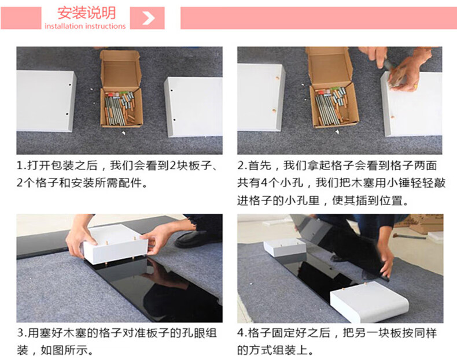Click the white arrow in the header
pyautogui.click(x=149, y=18)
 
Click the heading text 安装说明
pyautogui.click(x=87, y=13)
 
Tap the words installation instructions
pyautogui.click(x=85, y=26)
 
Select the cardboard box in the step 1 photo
pyautogui.click(x=121, y=89)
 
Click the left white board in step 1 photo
pyautogui.click(x=46, y=101)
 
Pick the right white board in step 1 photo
pyautogui.click(x=194, y=107)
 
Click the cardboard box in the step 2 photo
pyautogui.click(x=331, y=88)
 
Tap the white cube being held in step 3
pyautogui.click(x=115, y=244)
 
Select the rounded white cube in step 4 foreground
pyautogui.click(x=370, y=302)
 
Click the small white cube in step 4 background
pyautogui.click(x=285, y=247)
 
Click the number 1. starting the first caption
pyautogui.click(x=21, y=166)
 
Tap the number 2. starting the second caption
pyautogui.click(x=242, y=166)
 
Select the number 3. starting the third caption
pyautogui.click(x=21, y=333)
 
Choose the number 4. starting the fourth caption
pyautogui.click(x=242, y=333)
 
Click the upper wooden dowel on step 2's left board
pyautogui.click(x=277, y=78)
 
